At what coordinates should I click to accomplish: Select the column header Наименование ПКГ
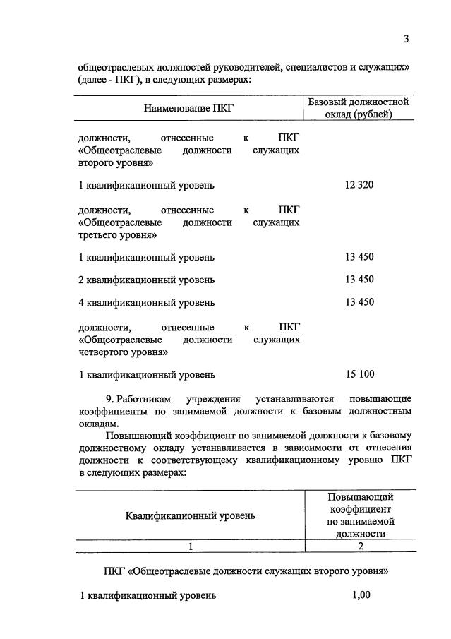point(188,108)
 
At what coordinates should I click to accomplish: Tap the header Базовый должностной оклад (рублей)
point(359,108)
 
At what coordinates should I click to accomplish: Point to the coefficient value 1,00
point(361,595)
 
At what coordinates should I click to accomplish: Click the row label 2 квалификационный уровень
point(146,280)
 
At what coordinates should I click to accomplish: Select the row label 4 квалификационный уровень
point(146,303)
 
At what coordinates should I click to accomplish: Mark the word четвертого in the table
point(105,352)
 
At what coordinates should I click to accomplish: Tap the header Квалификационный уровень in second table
point(191,515)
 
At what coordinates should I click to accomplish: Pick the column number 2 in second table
point(360,546)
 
